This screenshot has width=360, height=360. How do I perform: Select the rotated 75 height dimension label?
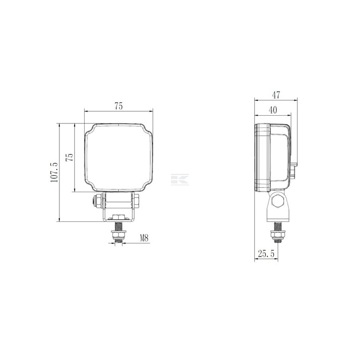coord(70,157)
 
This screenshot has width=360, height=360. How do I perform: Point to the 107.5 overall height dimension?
coord(54,172)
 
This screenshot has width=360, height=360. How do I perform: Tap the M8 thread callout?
coord(144,238)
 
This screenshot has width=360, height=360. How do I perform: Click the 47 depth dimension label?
coord(276,95)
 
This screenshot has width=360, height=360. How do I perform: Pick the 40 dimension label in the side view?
coord(273,110)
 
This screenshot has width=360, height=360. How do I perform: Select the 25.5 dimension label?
coord(266,254)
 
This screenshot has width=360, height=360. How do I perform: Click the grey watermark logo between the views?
coord(180,180)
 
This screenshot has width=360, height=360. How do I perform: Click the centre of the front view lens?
coord(118,158)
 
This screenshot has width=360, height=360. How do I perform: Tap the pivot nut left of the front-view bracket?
coord(98,201)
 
